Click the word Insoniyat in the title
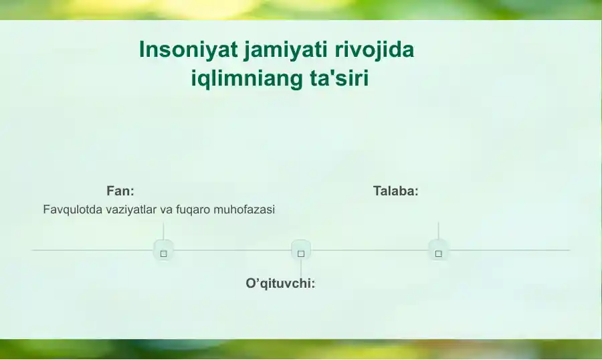click(x=189, y=50)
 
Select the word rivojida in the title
click(x=375, y=50)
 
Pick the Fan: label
click(x=120, y=191)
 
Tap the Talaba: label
click(x=396, y=191)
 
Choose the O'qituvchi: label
click(x=280, y=284)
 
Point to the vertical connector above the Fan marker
click(x=164, y=231)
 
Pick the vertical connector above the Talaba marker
click(x=438, y=231)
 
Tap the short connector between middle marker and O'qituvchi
click(x=301, y=268)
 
